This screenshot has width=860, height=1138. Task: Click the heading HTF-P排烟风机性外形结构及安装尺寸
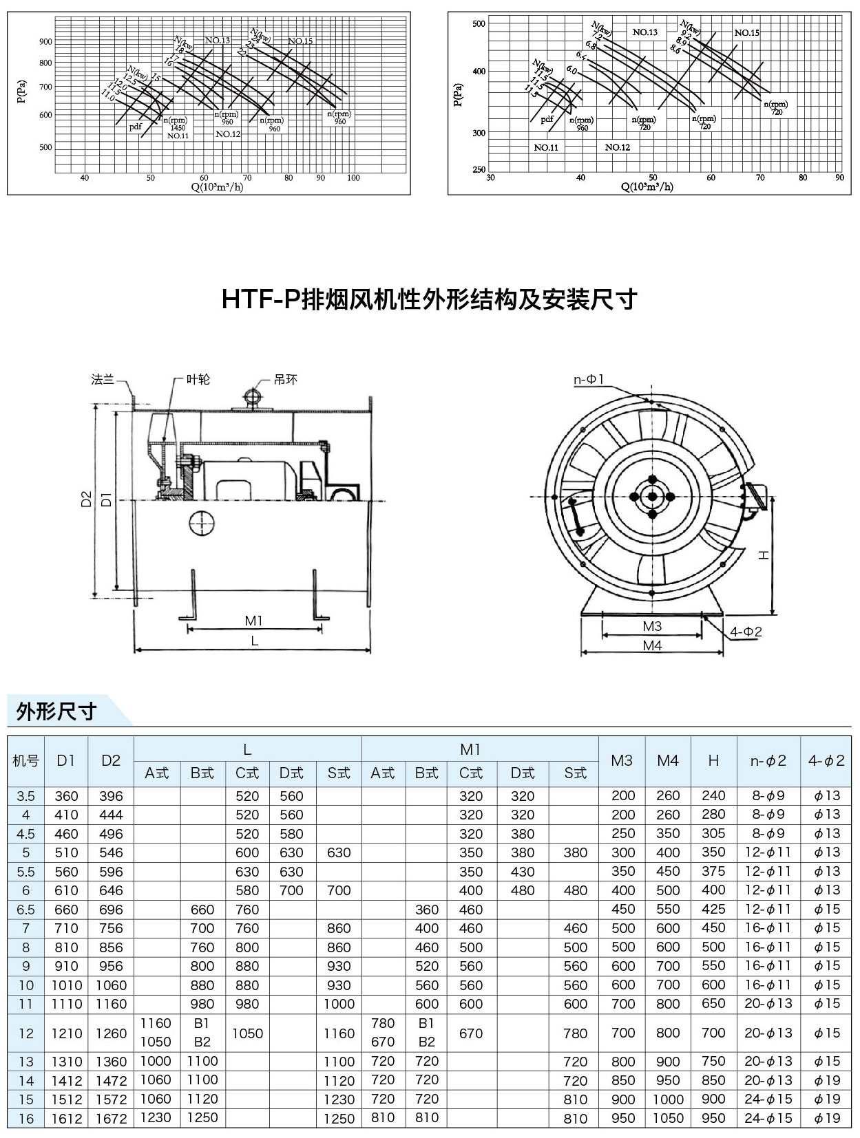[429, 300]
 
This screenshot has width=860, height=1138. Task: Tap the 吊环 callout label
[285, 379]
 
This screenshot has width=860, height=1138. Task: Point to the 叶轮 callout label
[198, 379]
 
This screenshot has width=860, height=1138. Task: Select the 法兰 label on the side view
[103, 379]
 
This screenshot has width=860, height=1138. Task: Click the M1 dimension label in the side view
[254, 621]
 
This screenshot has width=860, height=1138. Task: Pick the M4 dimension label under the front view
[652, 645]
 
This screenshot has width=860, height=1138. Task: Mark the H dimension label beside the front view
[763, 555]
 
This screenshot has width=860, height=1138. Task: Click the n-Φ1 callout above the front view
[589, 380]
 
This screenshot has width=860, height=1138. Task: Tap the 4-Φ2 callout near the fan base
[746, 632]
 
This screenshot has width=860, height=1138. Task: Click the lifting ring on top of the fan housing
[252, 397]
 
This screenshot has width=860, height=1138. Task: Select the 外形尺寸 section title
[56, 711]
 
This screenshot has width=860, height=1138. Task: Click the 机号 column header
[26, 760]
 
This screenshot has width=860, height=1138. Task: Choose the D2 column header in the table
[111, 760]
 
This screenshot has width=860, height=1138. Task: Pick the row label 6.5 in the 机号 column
[26, 909]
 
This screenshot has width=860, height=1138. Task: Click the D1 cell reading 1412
[67, 1080]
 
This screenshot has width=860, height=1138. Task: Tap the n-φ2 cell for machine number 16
[768, 1118]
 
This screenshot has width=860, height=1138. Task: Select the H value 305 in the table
[713, 833]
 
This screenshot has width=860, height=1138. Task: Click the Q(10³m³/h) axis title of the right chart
[647, 186]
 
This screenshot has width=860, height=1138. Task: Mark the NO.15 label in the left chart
[300, 41]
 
